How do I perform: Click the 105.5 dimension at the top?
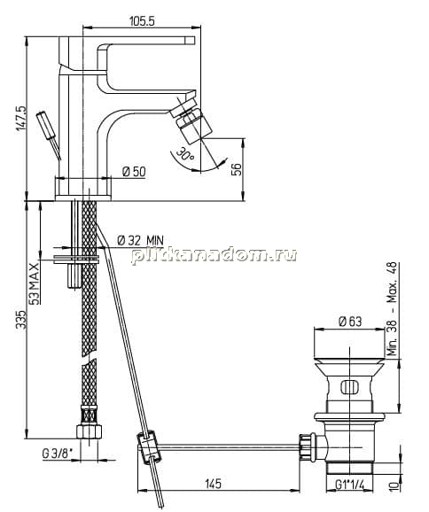click(x=142, y=21)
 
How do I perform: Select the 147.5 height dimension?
click(x=22, y=118)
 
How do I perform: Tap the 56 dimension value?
click(x=237, y=169)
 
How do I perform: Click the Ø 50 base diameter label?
click(x=134, y=171)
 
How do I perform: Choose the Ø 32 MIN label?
click(x=140, y=240)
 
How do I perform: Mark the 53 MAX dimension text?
click(x=34, y=283)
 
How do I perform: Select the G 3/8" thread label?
click(x=58, y=454)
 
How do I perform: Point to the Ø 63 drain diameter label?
click(x=350, y=322)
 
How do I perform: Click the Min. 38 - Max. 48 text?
click(x=392, y=309)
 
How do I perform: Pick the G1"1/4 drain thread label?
click(x=349, y=485)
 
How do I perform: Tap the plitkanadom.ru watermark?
click(x=214, y=255)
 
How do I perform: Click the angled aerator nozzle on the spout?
click(x=190, y=125)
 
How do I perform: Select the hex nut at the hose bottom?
click(x=90, y=431)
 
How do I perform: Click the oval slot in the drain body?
click(x=349, y=387)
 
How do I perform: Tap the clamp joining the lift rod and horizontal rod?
click(x=148, y=447)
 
